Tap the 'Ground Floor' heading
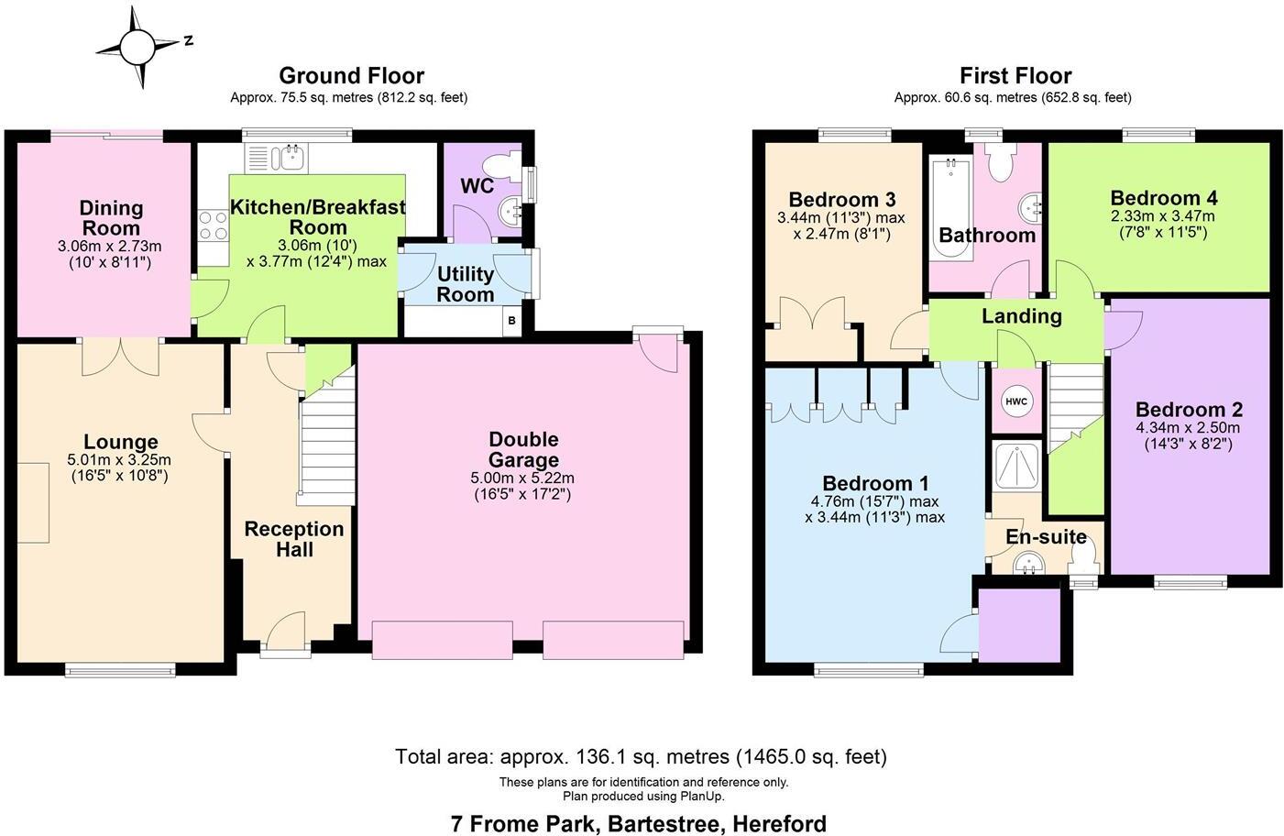(351, 75)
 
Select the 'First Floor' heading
(1015, 75)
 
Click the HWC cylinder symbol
(1016, 401)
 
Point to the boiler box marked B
(511, 321)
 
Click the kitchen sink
(288, 158)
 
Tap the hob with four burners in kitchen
(213, 225)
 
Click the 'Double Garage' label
(522, 449)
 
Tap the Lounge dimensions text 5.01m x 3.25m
(119, 460)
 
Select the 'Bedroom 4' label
(1163, 198)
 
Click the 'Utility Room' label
(466, 284)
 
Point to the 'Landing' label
(1021, 316)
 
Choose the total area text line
(641, 756)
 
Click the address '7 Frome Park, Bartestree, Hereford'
(638, 823)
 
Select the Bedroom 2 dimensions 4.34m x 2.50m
(1188, 428)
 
